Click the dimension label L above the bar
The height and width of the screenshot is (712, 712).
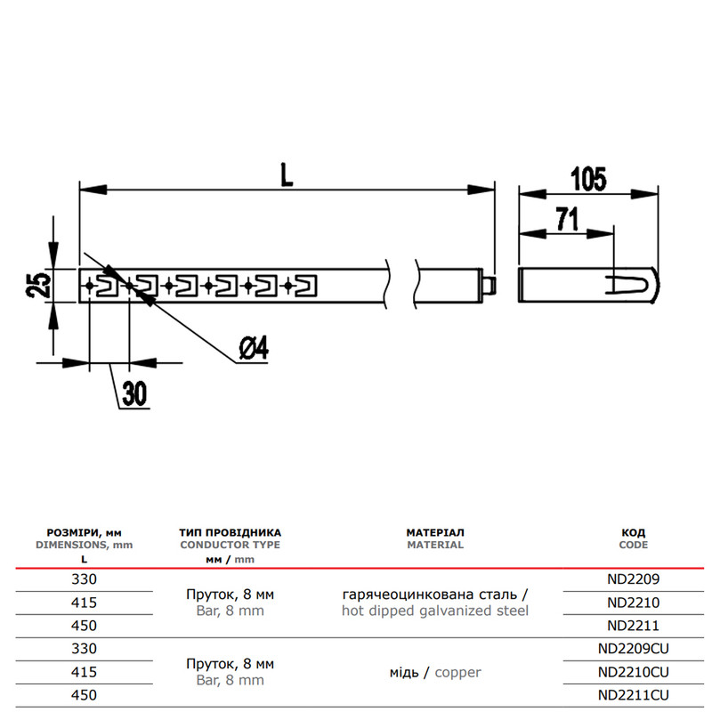pos(287,175)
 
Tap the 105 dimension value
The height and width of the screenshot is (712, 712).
pos(588,179)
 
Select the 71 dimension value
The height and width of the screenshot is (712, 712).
pos(567,219)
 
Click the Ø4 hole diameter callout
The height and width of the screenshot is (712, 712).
pos(254,348)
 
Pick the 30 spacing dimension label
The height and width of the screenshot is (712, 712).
pos(134,393)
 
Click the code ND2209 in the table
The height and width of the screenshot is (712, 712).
pos(633,579)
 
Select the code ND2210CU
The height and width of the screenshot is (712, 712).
pos(633,672)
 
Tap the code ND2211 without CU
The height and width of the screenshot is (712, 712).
pos(633,626)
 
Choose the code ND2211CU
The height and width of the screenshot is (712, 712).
pos(633,695)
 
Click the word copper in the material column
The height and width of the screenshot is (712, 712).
pos(457,673)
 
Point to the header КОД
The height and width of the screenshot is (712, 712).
pos(633,532)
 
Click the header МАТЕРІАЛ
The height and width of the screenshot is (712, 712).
pos(435,532)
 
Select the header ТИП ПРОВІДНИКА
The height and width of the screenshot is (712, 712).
pos(230,532)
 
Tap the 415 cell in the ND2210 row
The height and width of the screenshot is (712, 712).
pos(84,603)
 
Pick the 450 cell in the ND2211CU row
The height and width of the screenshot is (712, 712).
pos(84,695)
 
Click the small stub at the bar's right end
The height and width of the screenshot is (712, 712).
pos(489,286)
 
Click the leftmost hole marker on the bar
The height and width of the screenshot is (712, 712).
pos(90,286)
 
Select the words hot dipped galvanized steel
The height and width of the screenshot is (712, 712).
pos(435,611)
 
